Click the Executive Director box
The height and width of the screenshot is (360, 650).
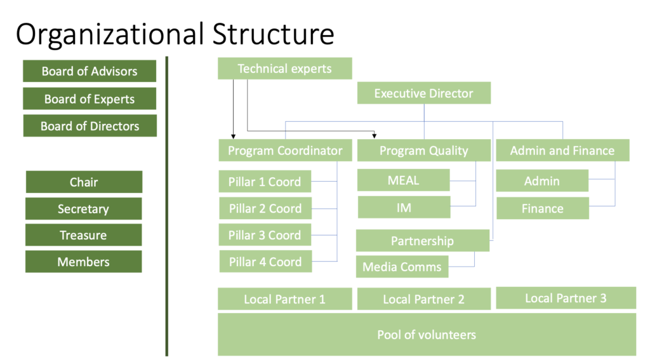coord(423,93)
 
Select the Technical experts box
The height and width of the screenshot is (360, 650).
coord(284,69)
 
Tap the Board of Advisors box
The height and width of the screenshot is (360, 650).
coord(90,71)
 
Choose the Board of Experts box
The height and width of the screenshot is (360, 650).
coord(90,99)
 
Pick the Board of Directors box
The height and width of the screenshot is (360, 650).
coord(90,126)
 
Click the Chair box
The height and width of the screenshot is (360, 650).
coord(84,182)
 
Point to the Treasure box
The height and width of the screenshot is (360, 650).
coord(84,235)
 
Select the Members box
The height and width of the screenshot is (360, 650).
coord(84,262)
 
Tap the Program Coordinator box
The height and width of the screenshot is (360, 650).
coord(285,150)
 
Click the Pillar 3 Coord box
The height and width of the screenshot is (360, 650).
coord(265,235)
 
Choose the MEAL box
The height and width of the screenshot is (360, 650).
coord(404,180)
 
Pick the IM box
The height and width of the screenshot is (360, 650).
coord(404,208)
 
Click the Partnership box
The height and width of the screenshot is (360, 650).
coord(422,241)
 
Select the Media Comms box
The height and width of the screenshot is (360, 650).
coord(402,267)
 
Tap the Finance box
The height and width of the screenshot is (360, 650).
coord(542,208)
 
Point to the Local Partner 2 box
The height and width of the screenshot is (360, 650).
coord(423,299)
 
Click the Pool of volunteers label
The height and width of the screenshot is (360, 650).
coord(427,335)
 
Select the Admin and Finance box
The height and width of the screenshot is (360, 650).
coord(562,150)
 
